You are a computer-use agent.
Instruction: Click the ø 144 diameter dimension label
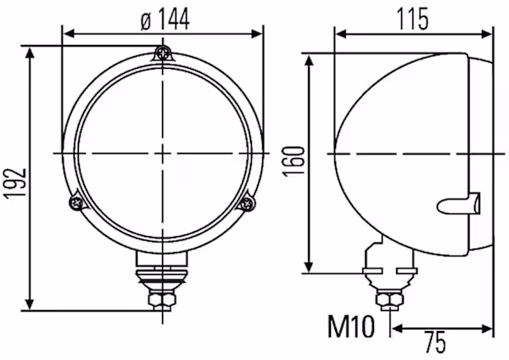165,20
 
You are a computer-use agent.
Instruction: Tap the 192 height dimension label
14,183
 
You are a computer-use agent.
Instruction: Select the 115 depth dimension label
413,20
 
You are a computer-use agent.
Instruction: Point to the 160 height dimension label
294,161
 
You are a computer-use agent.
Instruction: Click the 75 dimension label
435,342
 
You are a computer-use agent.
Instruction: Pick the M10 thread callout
351,327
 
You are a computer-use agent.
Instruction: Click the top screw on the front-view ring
163,53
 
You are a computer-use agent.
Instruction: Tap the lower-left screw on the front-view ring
76,203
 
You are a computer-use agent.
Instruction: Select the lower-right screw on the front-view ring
248,204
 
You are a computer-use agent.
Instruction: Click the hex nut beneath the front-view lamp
162,300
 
